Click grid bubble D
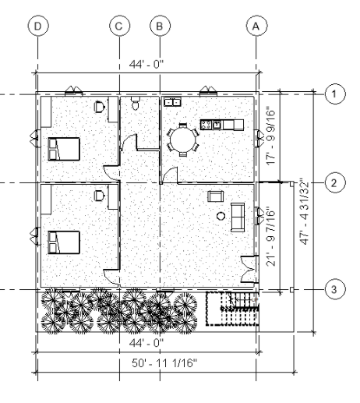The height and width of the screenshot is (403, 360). click(x=38, y=26)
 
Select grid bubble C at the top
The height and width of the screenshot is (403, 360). click(x=119, y=26)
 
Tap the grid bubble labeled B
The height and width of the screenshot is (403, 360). click(x=160, y=26)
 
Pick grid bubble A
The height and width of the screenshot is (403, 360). click(x=256, y=26)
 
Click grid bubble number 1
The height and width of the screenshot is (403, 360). click(x=335, y=94)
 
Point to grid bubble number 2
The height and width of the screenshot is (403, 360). click(x=335, y=183)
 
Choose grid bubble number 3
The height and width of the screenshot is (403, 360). click(x=335, y=289)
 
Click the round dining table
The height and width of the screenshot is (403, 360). click(x=183, y=140)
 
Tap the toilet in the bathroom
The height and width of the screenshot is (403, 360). click(x=135, y=104)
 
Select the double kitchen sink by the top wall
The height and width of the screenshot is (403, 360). click(x=172, y=101)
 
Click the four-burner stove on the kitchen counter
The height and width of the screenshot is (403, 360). click(x=206, y=125)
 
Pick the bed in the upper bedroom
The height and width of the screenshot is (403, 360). click(x=64, y=149)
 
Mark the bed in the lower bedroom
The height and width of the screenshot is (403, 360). click(x=64, y=242)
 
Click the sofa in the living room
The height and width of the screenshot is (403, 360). click(x=238, y=217)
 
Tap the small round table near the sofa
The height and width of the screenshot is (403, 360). click(x=221, y=216)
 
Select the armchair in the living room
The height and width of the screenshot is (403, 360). click(x=216, y=196)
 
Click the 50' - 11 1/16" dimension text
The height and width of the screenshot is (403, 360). click(x=164, y=363)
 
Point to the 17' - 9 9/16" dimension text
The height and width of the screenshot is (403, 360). click(x=270, y=137)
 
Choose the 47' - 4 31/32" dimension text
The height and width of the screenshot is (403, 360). click(x=305, y=211)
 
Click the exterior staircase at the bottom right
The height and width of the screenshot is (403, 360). click(x=232, y=309)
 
